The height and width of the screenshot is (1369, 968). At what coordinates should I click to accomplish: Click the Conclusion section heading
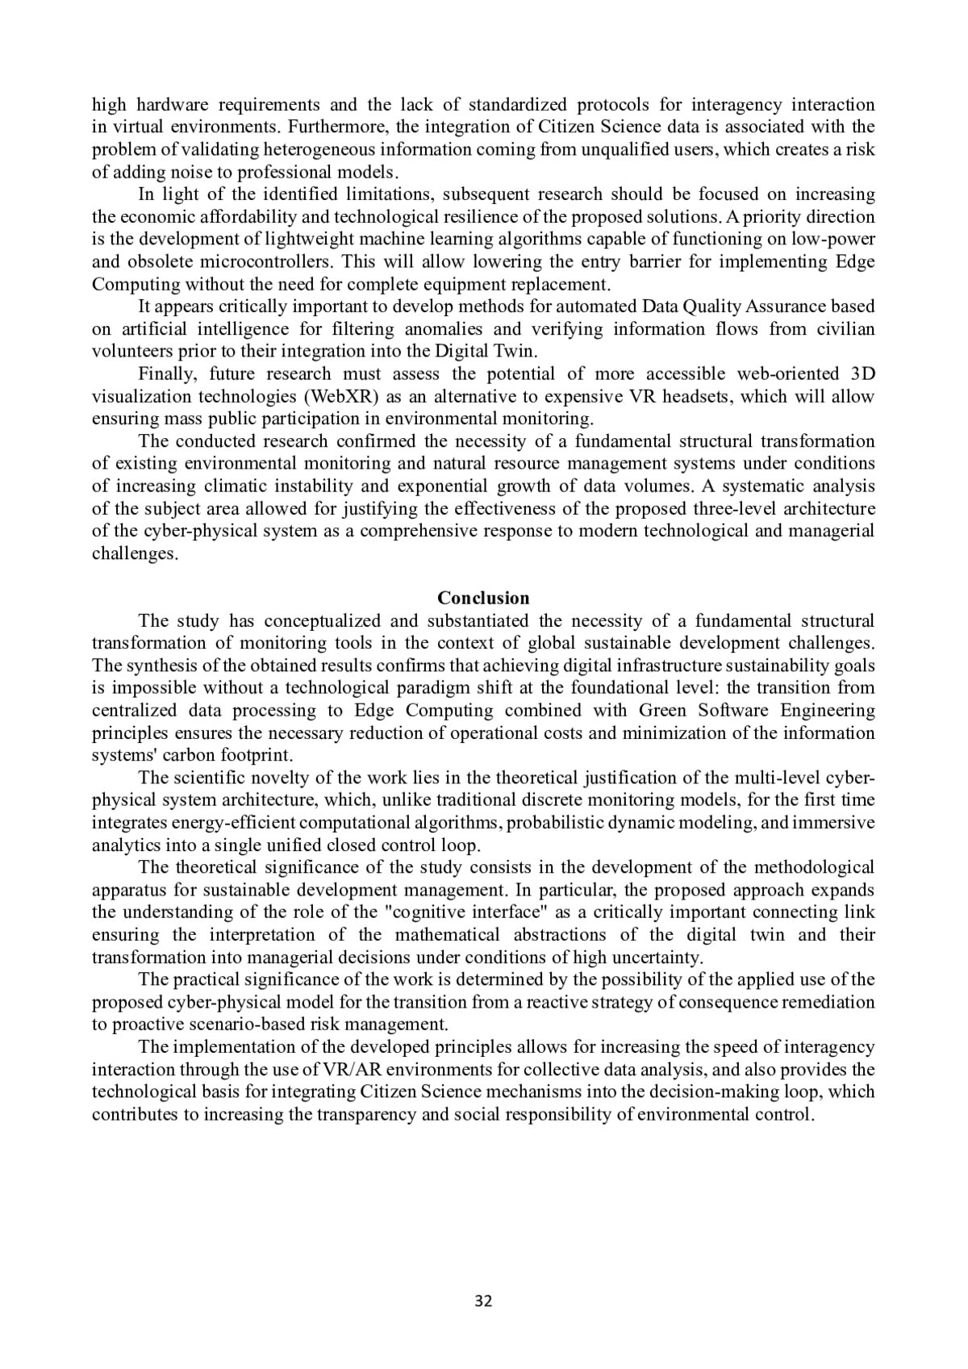pos(483,598)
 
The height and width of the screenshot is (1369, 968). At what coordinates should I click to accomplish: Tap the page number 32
pos(483,1300)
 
